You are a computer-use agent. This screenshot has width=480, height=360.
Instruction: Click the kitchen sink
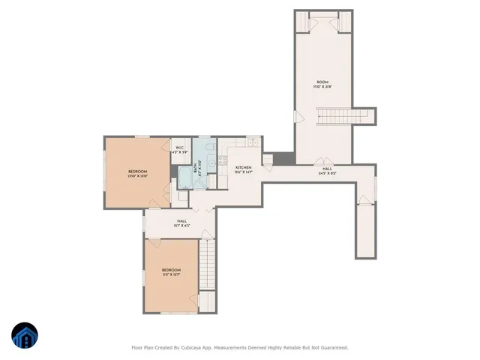point(253,142)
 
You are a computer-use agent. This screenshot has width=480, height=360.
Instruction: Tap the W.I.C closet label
point(181,150)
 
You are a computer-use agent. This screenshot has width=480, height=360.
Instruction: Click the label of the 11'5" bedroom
point(171,272)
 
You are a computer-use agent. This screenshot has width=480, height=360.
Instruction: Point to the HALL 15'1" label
point(181,223)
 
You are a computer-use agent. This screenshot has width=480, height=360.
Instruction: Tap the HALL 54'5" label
point(328,171)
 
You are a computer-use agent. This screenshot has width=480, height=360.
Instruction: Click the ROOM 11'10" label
point(322,84)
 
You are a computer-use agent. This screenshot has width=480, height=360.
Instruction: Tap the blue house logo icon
point(25,336)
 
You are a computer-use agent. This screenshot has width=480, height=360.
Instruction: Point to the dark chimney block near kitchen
point(282,158)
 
